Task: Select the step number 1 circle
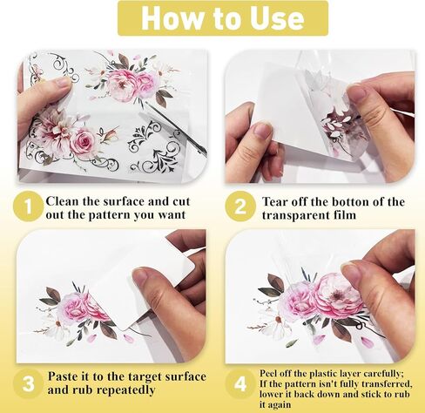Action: [29, 207]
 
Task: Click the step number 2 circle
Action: [240, 207]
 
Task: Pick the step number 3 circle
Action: [29, 383]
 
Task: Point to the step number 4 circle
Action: [240, 383]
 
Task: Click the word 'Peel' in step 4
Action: [267, 373]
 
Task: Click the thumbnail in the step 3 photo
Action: [142, 275]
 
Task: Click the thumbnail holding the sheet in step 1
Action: [63, 82]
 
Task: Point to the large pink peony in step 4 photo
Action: [337, 295]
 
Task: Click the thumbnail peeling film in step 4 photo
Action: [352, 273]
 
